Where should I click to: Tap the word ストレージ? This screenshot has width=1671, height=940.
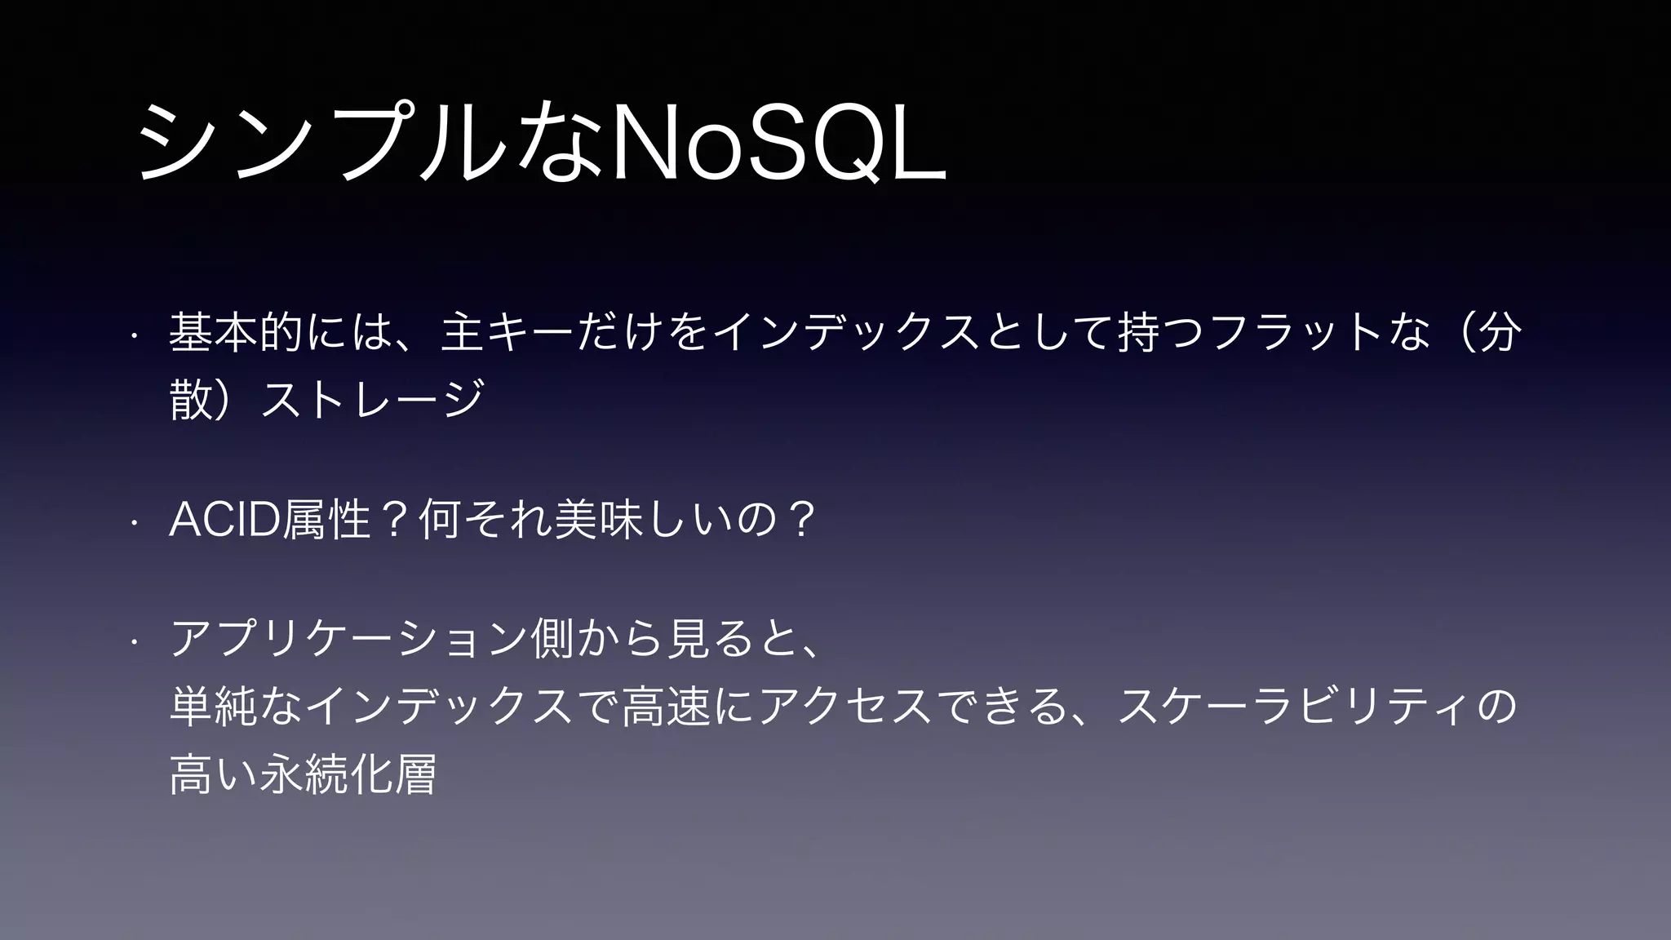(371, 399)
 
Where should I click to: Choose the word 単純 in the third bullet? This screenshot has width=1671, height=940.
(213, 707)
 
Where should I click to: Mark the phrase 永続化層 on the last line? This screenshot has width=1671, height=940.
(348, 774)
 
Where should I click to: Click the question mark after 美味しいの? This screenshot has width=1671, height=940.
(797, 520)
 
